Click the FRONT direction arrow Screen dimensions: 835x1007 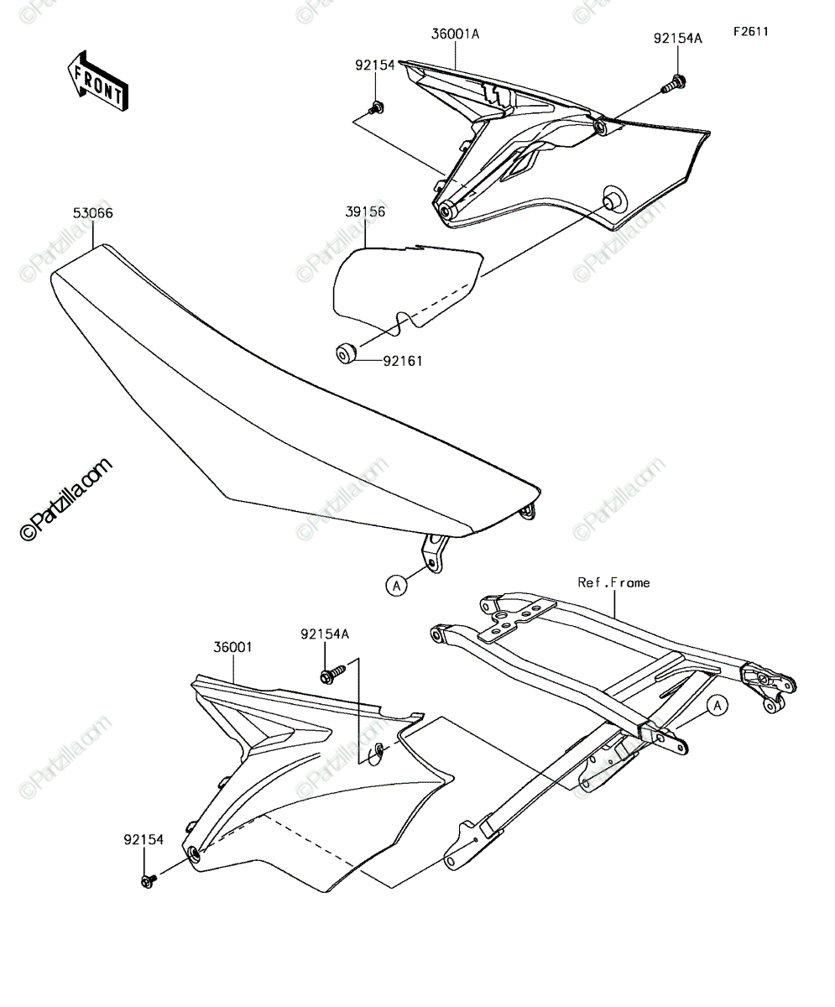(98, 81)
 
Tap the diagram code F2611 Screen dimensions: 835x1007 (750, 32)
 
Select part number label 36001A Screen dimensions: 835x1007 (455, 34)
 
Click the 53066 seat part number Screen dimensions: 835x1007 (92, 213)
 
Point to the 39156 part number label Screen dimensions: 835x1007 (365, 211)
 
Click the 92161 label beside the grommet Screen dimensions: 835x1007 (403, 361)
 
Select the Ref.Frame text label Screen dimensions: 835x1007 (613, 582)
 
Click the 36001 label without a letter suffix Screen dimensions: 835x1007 (233, 647)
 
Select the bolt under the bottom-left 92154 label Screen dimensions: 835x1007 (149, 880)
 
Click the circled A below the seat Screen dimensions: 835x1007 (396, 586)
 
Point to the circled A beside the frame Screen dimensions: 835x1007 (718, 706)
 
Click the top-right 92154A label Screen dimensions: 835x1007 (678, 38)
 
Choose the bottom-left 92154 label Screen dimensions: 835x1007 (144, 840)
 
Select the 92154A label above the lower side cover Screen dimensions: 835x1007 (325, 634)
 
